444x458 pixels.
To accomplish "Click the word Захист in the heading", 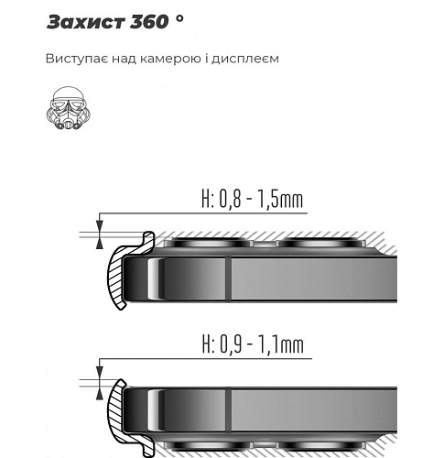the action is [86, 22].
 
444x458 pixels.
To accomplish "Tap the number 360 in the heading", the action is [149, 22].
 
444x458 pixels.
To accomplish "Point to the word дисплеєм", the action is [245, 59].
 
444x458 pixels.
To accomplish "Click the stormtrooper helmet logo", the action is [69, 108].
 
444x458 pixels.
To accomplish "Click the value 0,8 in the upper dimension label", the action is [230, 199].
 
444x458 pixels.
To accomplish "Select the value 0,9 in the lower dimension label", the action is [231, 344].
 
